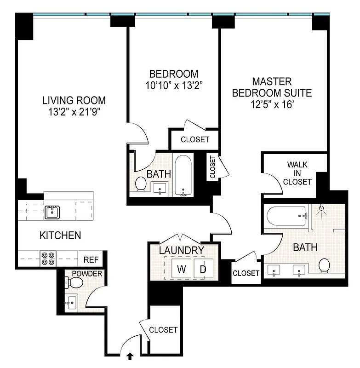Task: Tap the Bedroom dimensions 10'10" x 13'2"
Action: tap(174, 85)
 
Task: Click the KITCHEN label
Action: tap(60, 236)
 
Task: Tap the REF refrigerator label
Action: tap(91, 259)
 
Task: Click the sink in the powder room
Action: tap(72, 302)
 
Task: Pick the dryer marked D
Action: tap(203, 269)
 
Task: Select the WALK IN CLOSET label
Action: tap(297, 172)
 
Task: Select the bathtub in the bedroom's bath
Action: tap(183, 176)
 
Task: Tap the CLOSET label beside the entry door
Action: tap(163, 330)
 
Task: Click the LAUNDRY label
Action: tap(181, 250)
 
